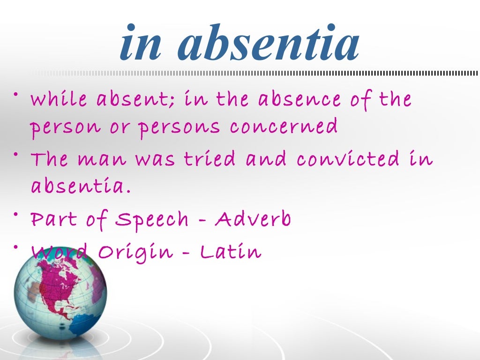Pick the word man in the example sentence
[104, 160]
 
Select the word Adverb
[253, 219]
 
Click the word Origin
[135, 252]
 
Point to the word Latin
[231, 252]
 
